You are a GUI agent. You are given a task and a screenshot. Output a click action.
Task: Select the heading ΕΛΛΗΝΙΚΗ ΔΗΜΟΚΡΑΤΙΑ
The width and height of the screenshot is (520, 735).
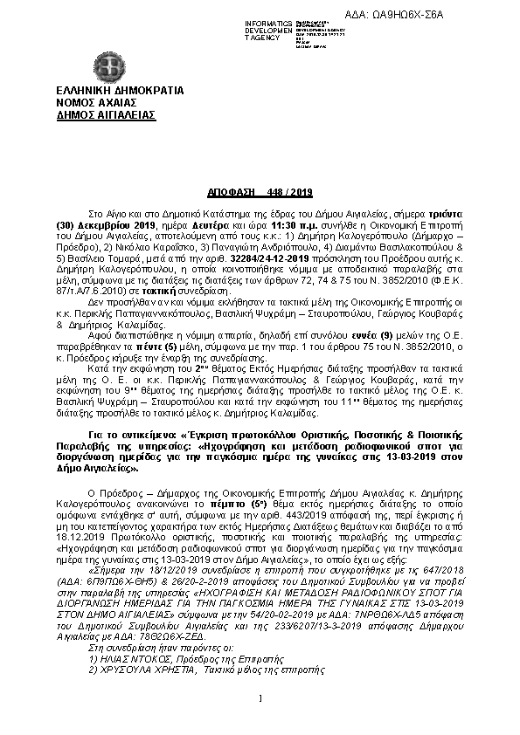pyautogui.click(x=107, y=90)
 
